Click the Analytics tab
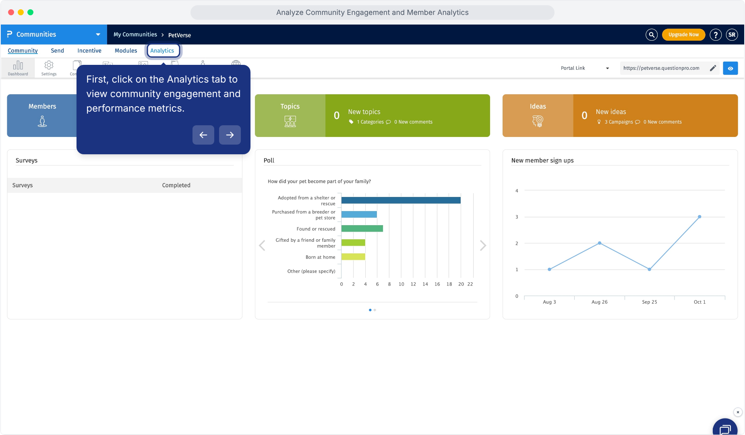(x=162, y=51)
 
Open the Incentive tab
(x=89, y=51)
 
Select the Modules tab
(x=126, y=51)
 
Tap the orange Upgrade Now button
(x=683, y=35)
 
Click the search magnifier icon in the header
(x=651, y=35)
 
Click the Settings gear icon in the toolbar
(x=49, y=65)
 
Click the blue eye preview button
(x=730, y=68)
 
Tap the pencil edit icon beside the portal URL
(x=713, y=68)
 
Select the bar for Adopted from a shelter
(x=401, y=200)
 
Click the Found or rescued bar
(x=362, y=228)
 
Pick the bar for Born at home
(x=353, y=257)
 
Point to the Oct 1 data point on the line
(x=699, y=217)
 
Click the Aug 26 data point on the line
(x=600, y=243)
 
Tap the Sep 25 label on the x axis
(x=650, y=302)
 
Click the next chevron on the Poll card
(x=483, y=246)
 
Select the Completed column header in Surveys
(x=176, y=185)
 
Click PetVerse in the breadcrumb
(x=180, y=35)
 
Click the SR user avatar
(x=732, y=35)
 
